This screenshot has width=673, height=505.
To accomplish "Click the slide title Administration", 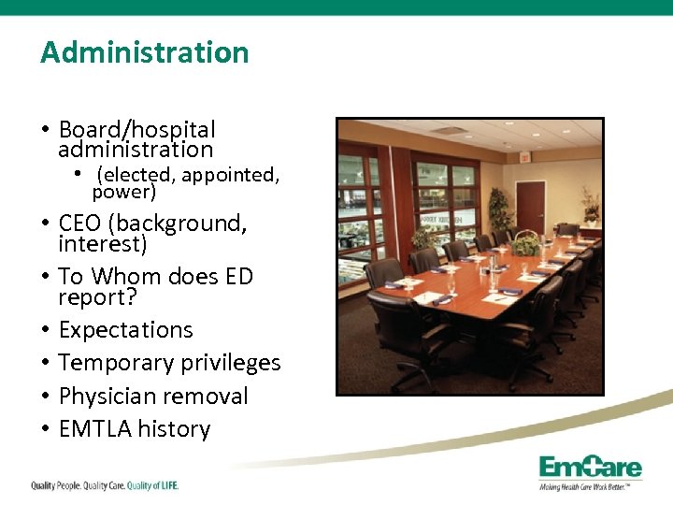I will (145, 52).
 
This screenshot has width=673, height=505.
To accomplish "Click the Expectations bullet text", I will (125, 330).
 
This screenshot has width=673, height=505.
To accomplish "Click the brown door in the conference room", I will (530, 207).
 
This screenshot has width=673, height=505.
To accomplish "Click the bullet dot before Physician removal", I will (45, 397).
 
